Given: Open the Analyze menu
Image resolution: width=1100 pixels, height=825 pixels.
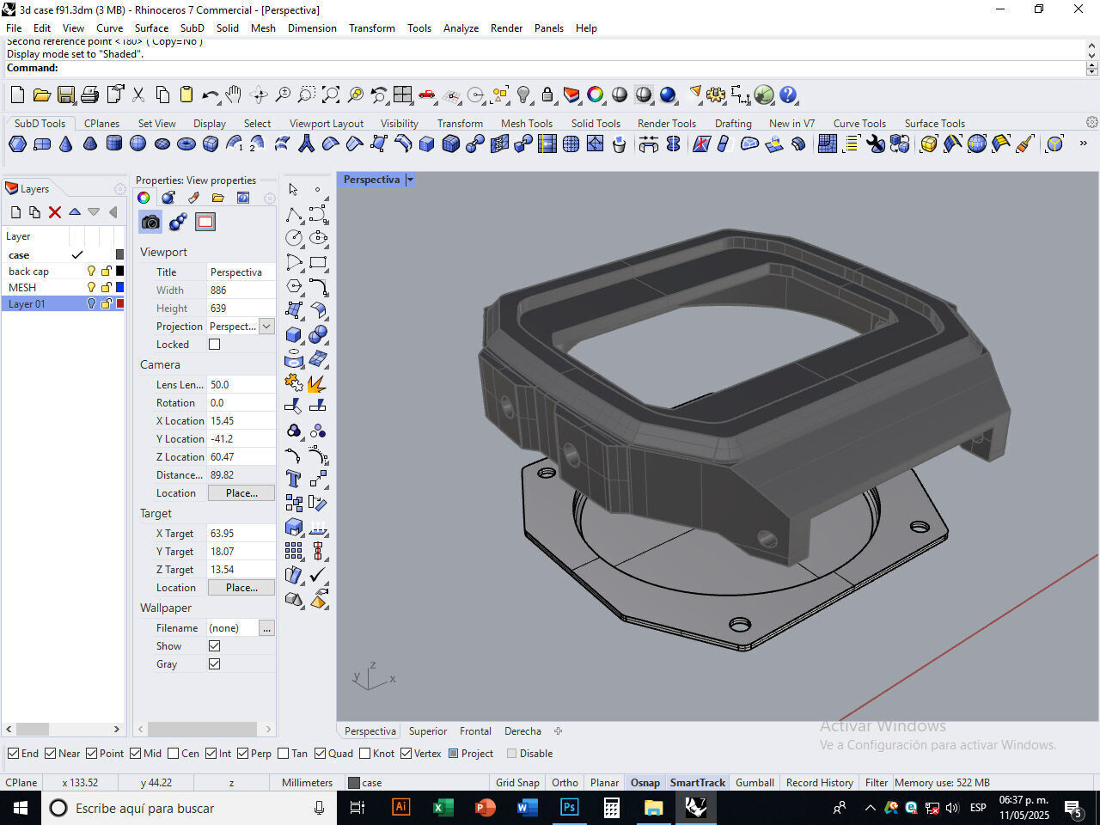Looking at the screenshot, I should pos(461,27).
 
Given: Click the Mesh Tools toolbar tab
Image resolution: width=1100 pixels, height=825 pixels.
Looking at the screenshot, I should pos(526,123).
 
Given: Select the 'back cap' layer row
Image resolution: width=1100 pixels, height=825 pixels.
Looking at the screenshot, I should pos(28,272).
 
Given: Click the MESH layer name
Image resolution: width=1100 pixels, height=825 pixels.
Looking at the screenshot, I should pos(22,288).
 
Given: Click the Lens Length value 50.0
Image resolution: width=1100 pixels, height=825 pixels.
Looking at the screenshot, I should pos(220,385).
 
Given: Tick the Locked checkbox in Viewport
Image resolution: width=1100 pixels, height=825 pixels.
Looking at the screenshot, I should pos(215,345).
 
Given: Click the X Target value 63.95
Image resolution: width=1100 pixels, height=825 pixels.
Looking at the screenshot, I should pos(222,534).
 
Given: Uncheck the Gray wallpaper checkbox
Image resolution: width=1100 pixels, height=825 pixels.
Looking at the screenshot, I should pos(215,664).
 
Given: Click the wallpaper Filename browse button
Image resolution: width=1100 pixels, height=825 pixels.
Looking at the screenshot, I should pos(266,628).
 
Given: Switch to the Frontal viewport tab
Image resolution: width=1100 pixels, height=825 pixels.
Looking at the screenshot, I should pos(475,731).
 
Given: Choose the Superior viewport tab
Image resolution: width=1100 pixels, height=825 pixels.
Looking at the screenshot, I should pos(427,731).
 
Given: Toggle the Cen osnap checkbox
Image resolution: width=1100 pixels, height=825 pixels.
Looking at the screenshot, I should pos(174,754).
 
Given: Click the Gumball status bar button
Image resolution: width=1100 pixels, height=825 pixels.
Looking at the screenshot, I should pos(755,783).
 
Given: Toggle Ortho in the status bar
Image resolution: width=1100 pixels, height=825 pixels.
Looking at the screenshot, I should pos(565,783).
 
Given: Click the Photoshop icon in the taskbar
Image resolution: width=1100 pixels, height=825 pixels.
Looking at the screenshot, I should pos(569,808).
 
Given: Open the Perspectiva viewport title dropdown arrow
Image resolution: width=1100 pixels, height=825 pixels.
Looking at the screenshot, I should pos(410,180).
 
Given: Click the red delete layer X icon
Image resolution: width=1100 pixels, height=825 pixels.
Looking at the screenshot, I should pos(55,212).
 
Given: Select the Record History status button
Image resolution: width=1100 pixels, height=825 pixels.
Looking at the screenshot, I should pos(819,783).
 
